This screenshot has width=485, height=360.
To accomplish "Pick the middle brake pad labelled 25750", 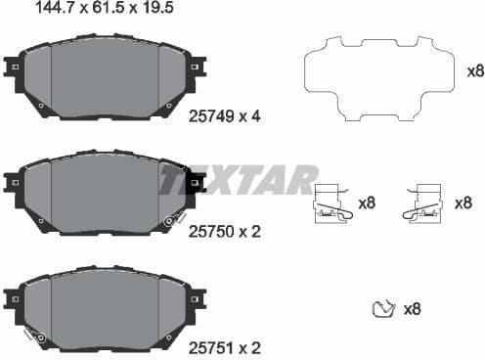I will click(105, 192).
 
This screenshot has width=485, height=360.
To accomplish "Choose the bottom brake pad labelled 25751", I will click(105, 305).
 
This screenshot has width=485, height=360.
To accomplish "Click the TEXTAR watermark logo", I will click(240, 179).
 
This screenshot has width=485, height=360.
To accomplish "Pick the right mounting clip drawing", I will click(426, 203).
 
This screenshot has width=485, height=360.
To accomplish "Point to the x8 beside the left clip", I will click(367, 203).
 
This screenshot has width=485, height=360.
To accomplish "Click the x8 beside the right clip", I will click(464, 203).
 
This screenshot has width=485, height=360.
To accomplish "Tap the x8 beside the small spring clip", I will click(412, 309).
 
